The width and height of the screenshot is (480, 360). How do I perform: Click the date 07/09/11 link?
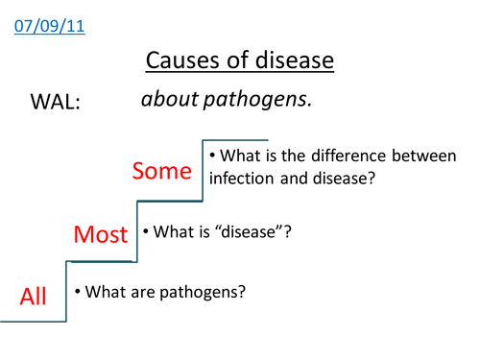click(x=50, y=26)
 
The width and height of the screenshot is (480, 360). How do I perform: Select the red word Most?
click(x=102, y=233)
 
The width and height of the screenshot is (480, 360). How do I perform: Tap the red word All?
click(x=34, y=297)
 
